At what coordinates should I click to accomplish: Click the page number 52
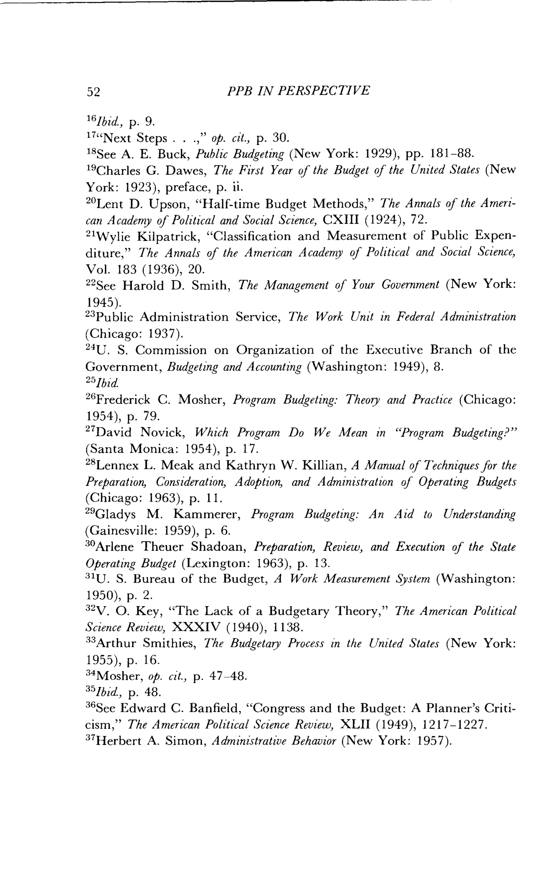tap(93, 92)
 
